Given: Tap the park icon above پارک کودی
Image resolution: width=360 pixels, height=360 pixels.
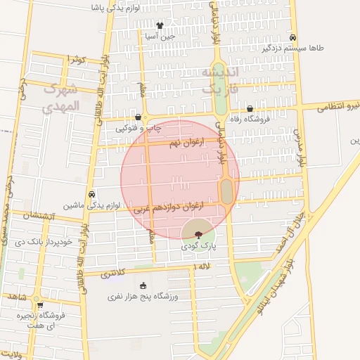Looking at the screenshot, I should (198, 234).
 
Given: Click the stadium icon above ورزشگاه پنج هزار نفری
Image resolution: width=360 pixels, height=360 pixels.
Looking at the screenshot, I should (144, 285).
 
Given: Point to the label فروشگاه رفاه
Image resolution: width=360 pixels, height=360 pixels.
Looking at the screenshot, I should (250, 120).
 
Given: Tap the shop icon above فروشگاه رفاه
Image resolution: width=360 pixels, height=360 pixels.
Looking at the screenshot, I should (250, 108).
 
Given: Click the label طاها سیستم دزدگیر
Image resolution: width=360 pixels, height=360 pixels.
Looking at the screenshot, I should (292, 49).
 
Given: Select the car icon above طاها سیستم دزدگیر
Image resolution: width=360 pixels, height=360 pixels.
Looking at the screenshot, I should (292, 38).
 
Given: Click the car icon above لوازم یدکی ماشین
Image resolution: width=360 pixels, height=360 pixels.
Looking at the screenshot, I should (92, 194).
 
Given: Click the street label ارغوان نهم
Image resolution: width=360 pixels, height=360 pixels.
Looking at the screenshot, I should (184, 143).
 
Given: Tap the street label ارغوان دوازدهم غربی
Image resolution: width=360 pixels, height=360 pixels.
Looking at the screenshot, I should (174, 207).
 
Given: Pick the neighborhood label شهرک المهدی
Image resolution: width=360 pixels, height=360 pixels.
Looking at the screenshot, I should (63, 99).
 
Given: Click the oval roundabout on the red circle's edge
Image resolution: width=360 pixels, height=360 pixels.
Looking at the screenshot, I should (227, 191).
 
